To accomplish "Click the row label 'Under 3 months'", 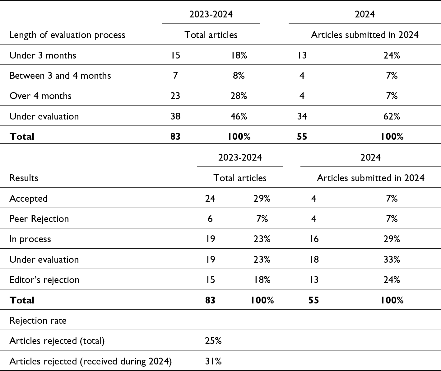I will tap(43, 55).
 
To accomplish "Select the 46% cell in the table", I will tap(239, 116).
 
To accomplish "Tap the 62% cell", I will tap(392, 116).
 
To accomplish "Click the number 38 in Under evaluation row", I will tap(175, 116).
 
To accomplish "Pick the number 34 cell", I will tap(302, 116).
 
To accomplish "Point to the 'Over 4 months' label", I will tap(40, 96).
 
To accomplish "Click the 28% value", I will tap(239, 96).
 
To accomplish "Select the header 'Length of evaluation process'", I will tap(67, 35).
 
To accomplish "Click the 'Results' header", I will tap(24, 178).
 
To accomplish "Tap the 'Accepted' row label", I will tap(28, 199).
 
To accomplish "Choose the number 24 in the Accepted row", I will tap(210, 199).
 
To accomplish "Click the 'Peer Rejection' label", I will tap(39, 219).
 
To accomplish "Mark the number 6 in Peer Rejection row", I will tap(210, 219).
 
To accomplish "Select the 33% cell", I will tap(392, 260).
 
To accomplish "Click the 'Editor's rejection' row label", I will tap(44, 280).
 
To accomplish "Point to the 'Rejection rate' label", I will tap(38, 321).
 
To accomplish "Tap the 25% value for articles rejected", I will tap(213, 341).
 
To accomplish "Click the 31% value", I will tap(213, 361).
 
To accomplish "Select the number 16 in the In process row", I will tap(314, 239).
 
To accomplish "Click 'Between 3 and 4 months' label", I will tap(60, 76).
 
